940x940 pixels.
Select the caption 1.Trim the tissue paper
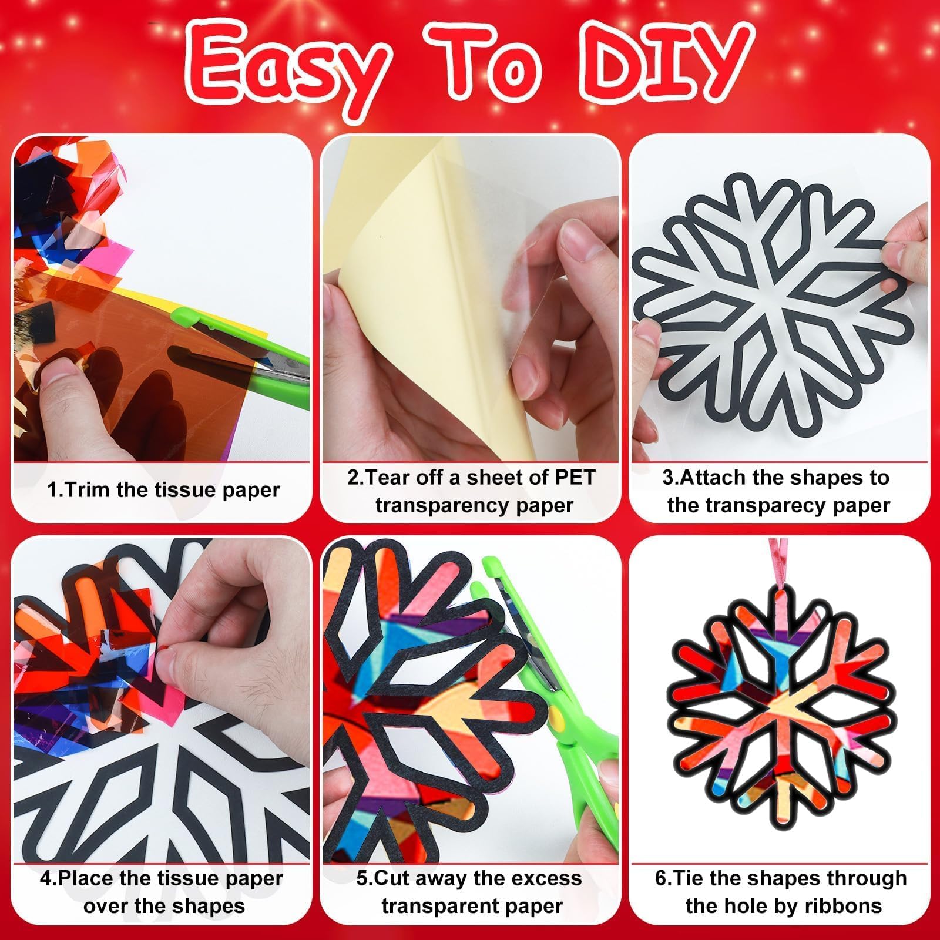click(163, 490)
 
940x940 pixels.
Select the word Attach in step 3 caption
click(711, 478)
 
